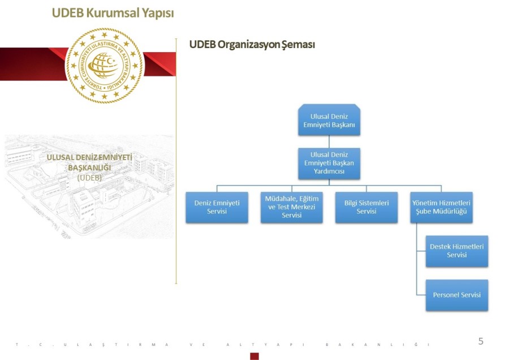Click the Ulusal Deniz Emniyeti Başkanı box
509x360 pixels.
pos(329,120)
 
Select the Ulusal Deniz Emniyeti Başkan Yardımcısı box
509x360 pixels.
pos(329,163)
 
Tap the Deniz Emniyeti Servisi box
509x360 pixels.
pos(217,207)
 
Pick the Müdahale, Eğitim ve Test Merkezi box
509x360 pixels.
pos(292,207)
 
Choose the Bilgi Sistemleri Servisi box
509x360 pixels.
pos(366,207)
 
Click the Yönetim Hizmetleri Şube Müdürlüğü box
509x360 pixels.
pos(441,207)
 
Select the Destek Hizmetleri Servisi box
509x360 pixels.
pos(456,251)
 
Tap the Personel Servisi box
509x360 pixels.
pos(456,295)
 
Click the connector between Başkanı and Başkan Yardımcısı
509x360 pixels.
pos(329,142)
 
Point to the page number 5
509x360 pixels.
pos(481,341)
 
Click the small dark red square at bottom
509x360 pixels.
pos(255,356)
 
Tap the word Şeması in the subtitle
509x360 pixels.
pos(298,44)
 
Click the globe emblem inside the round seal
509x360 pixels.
pos(104,65)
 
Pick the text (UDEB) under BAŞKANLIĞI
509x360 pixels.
pos(89,177)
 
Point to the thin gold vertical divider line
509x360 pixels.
pos(176,164)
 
